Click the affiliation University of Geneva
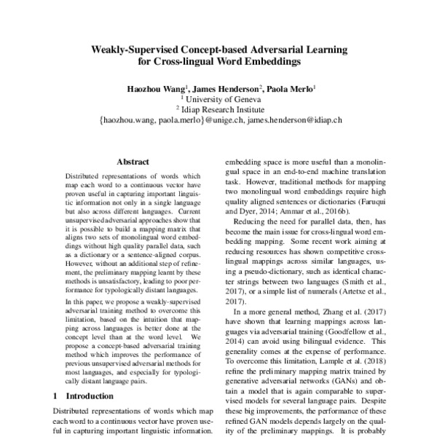(223, 99)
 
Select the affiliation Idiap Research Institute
(223, 109)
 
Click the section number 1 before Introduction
(57, 397)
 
